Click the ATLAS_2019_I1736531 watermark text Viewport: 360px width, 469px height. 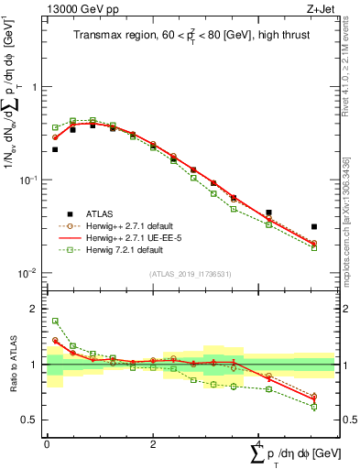click(190, 274)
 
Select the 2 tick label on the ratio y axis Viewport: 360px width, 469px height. click(34, 309)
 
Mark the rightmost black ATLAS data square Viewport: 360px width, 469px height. click(313, 226)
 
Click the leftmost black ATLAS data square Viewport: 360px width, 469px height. click(55, 149)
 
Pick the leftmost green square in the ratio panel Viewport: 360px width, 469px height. click(55, 322)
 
